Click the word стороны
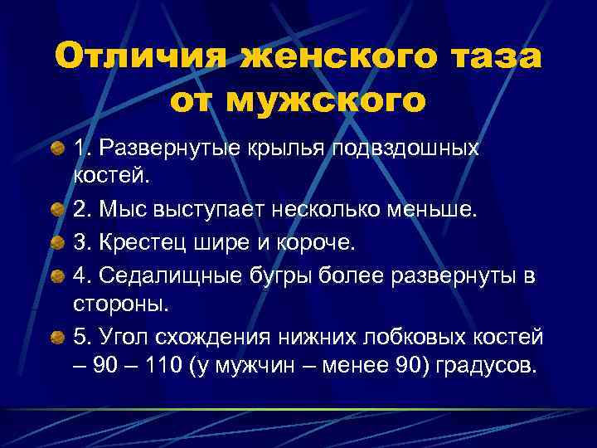coord(133,304)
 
